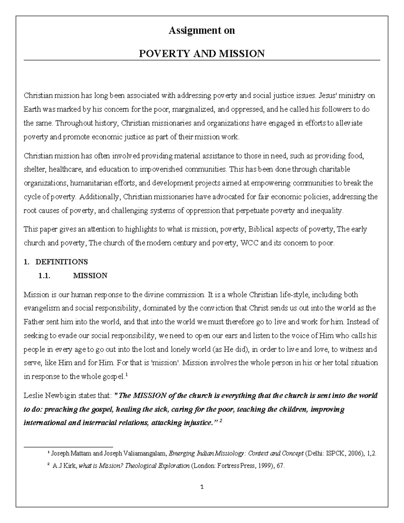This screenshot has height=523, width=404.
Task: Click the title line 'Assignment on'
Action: pos(202,31)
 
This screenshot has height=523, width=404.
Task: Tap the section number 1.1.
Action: pos(44,276)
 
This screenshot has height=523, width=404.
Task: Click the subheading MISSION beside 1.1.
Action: pos(90,276)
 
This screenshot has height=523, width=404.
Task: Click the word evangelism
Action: pos(40,308)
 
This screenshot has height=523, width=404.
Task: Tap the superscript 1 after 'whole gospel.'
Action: pos(126,375)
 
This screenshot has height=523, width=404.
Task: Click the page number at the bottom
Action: pos(202,487)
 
